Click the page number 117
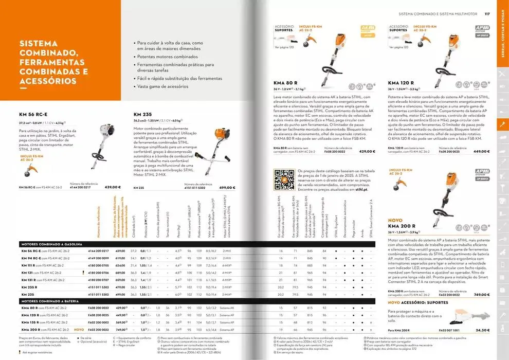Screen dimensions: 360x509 486,14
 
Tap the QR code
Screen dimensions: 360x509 284,179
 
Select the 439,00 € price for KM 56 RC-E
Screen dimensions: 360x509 112,188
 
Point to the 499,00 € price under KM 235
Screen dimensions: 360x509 227,188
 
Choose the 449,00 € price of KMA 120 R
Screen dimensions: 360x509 481,151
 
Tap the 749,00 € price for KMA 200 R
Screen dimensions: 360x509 481,294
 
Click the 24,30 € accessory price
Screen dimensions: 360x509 482,330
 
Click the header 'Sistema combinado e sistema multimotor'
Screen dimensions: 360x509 438,14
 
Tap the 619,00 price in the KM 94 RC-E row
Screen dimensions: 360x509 120,258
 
